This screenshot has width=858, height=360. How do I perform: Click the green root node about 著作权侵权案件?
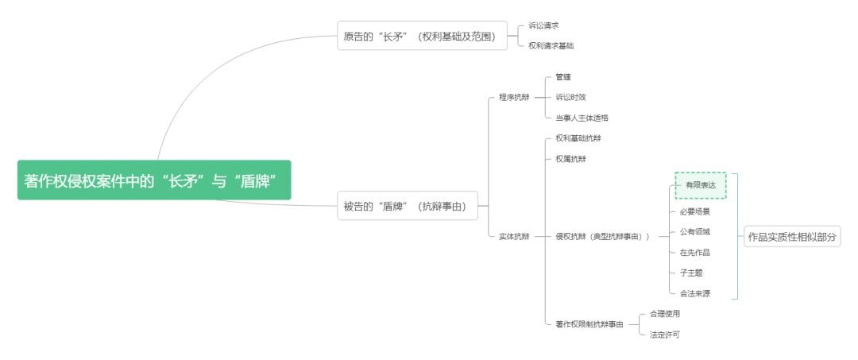[154, 180]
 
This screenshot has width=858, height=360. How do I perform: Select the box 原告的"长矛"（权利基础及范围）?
[421, 36]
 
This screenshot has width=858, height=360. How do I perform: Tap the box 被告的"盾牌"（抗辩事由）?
[409, 207]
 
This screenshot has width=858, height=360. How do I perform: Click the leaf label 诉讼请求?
[543, 25]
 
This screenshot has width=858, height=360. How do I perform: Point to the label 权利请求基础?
[551, 46]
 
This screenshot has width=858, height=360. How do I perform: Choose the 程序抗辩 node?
[514, 97]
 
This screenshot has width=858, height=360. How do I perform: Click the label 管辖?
[563, 77]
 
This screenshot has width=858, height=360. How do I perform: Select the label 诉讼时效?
[570, 97]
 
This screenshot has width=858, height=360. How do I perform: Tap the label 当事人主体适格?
[582, 118]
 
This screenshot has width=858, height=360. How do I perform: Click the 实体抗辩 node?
[514, 236]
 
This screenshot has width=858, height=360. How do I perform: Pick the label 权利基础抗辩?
[578, 138]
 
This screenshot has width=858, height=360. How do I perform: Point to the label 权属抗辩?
[570, 159]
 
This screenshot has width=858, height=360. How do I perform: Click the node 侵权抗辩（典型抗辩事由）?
[602, 236]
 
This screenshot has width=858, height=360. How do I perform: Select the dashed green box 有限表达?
[701, 185]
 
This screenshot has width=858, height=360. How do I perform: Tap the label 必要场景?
[694, 211]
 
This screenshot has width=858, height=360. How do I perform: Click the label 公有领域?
[694, 232]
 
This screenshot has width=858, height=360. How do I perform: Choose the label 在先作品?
[694, 253]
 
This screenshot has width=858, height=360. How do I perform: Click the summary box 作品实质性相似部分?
[792, 237]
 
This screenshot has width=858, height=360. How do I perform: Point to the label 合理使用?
[664, 314]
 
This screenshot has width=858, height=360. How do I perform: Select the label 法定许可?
[664, 335]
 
